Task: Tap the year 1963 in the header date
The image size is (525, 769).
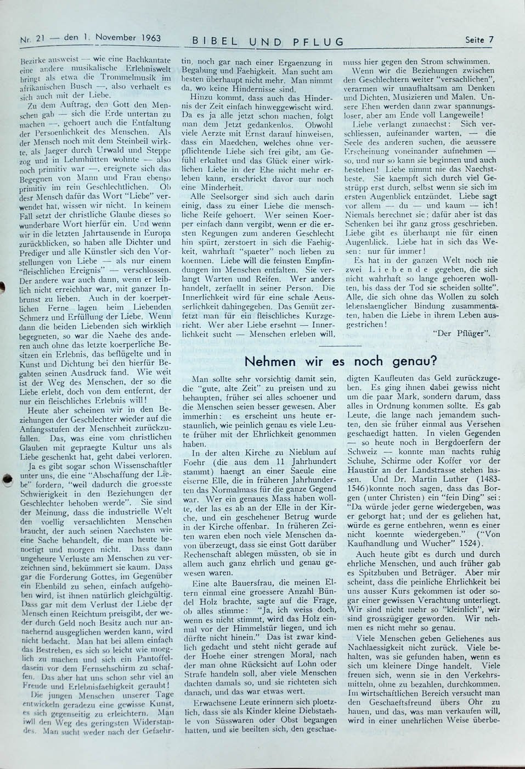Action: (147, 38)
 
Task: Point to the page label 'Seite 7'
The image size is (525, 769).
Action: (479, 39)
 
